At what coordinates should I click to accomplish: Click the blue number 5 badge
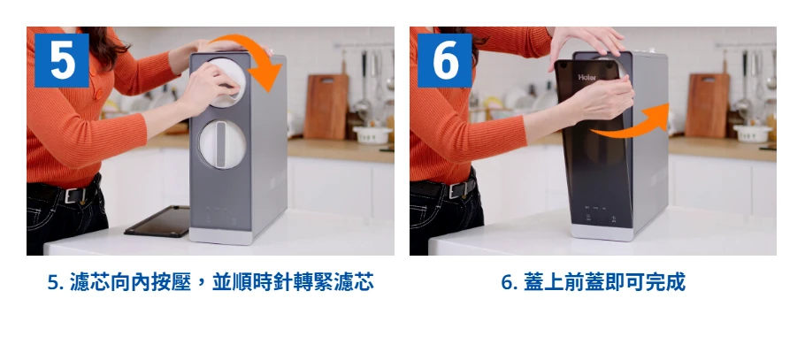pyautogui.click(x=62, y=61)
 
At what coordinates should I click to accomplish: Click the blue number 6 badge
pyautogui.click(x=445, y=61)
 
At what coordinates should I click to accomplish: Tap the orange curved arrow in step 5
pyautogui.click(x=257, y=59)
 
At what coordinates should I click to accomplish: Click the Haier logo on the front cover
pyautogui.click(x=587, y=78)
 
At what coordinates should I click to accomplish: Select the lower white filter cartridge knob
pyautogui.click(x=222, y=144)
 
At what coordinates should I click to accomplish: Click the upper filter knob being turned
pyautogui.click(x=226, y=82)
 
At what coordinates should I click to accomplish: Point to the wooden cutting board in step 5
pyautogui.click(x=326, y=106)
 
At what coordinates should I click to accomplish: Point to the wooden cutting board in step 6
pyautogui.click(x=707, y=104)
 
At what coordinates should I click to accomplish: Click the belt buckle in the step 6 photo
pyautogui.click(x=456, y=189)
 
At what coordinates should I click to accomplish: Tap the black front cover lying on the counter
pyautogui.click(x=158, y=221)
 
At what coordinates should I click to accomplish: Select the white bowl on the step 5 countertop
pyautogui.click(x=372, y=134)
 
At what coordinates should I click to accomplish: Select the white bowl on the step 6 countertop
pyautogui.click(x=752, y=133)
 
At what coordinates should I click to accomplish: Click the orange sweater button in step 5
pyautogui.click(x=98, y=95)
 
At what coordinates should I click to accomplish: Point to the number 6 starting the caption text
pyautogui.click(x=507, y=283)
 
